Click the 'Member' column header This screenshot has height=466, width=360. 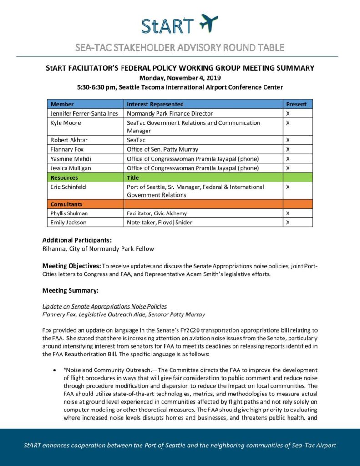62,104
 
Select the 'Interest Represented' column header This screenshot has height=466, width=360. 155,104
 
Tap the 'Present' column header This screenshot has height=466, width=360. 296,104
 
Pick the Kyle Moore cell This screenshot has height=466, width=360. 66,123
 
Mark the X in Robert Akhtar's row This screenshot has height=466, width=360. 288,140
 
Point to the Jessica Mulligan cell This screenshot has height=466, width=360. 71,168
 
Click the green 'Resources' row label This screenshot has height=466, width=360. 64,177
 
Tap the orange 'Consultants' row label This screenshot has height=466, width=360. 66,204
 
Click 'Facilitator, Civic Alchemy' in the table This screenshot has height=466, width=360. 157,213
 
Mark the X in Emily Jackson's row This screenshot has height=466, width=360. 288,223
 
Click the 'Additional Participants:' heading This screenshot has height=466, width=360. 77,240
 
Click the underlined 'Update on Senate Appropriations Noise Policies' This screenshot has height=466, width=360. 104,306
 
